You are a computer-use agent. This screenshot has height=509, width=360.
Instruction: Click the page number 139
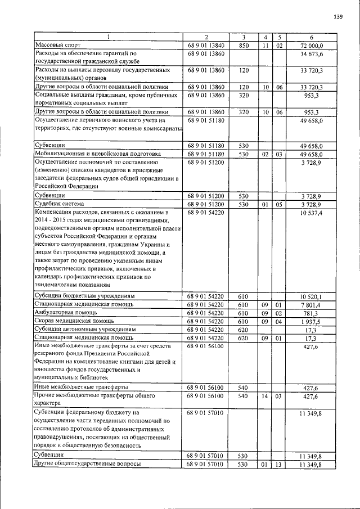(338, 17)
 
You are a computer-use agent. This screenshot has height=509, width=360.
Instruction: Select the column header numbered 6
(311, 37)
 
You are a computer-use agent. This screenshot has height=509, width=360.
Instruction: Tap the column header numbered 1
(109, 37)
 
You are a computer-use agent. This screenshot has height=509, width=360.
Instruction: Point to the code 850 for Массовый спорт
(244, 45)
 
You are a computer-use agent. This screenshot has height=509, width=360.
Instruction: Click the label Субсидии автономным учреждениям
(85, 330)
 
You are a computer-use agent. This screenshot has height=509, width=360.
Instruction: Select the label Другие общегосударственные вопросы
(87, 464)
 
